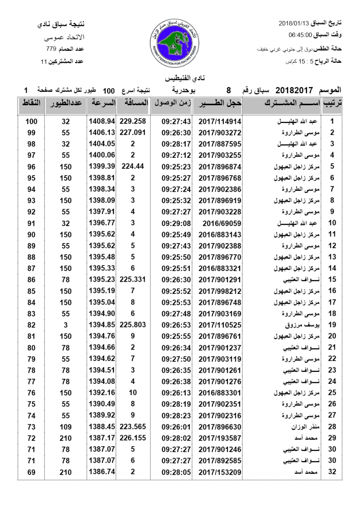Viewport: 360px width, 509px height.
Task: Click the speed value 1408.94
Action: (x=102, y=121)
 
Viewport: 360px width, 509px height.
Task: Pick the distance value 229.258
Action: (x=133, y=121)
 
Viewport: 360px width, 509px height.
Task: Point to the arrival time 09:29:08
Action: (x=176, y=223)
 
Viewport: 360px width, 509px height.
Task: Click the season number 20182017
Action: (x=294, y=90)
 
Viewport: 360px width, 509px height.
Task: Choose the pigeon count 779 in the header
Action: (x=51, y=50)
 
